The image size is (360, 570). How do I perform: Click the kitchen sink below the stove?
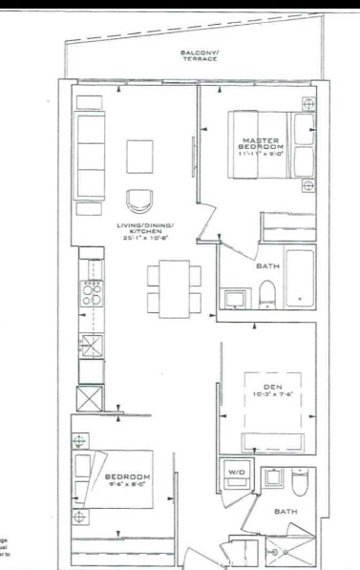[x=93, y=346]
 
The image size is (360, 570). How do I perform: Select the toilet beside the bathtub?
[x=266, y=295]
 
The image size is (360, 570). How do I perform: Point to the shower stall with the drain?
[x=281, y=547]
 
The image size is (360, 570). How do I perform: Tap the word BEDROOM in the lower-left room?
[x=125, y=476]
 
